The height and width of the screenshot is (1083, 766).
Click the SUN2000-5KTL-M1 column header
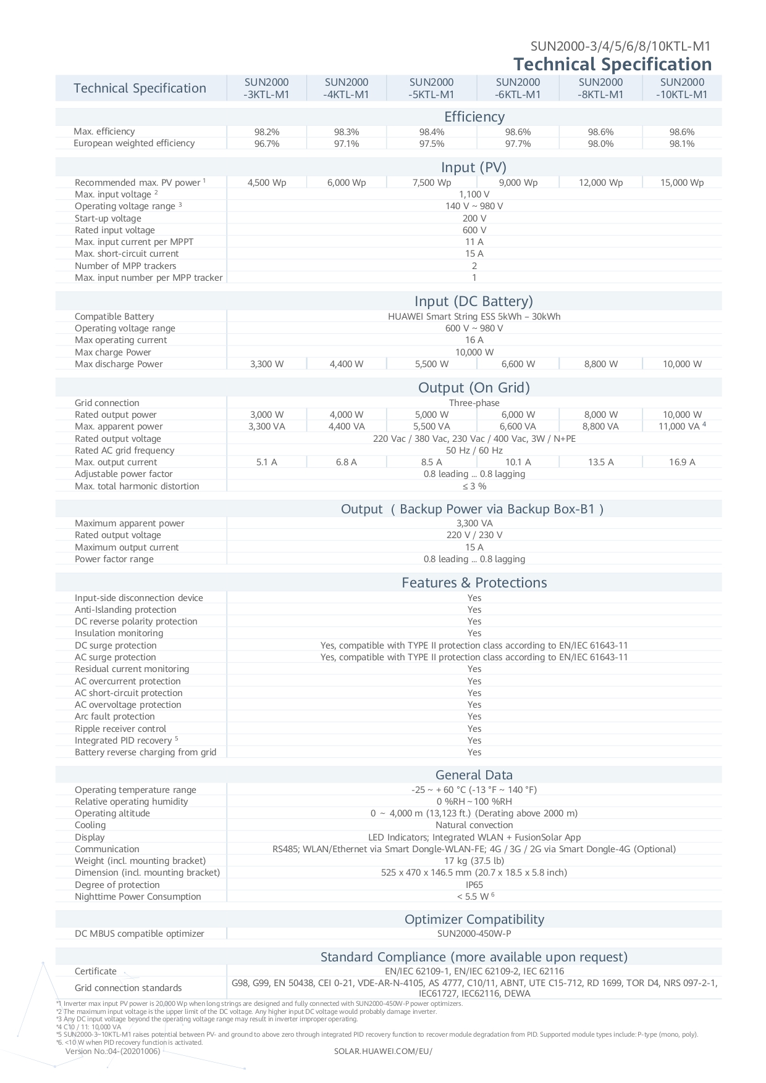(431, 88)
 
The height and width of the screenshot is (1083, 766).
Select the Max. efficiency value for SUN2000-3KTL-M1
(267, 132)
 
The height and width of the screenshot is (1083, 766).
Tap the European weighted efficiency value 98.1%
(682, 144)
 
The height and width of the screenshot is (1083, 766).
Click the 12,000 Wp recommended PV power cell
(600, 183)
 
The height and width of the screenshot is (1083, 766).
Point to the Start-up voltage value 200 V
(474, 218)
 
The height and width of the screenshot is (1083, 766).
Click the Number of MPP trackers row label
(125, 266)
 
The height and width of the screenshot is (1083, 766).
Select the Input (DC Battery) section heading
(474, 301)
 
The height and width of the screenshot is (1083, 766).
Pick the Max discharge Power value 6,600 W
(518, 364)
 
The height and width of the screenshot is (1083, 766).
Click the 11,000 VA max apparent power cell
(681, 426)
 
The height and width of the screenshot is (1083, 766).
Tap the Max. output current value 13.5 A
(600, 462)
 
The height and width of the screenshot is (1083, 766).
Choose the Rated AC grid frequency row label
(124, 450)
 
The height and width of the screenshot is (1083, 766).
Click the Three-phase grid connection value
(474, 403)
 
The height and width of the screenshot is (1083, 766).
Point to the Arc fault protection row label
(115, 716)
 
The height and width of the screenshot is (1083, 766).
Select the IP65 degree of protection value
(474, 885)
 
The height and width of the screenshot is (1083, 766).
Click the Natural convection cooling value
(474, 825)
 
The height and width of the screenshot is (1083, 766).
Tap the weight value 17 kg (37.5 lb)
(474, 861)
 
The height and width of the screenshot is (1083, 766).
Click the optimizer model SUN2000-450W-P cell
(474, 934)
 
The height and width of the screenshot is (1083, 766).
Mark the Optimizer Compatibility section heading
(474, 919)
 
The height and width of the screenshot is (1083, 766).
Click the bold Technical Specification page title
(612, 64)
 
